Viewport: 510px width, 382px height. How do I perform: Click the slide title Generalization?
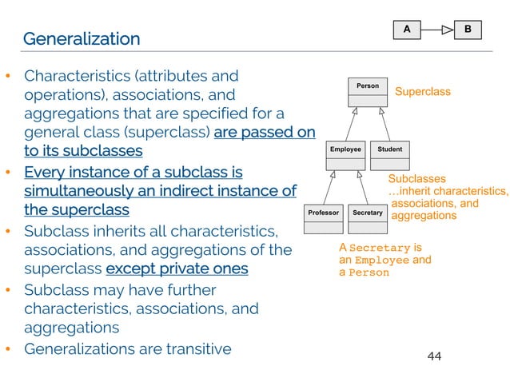tap(81, 38)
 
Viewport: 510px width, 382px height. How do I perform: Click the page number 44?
tap(434, 356)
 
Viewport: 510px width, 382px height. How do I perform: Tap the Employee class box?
tap(345, 156)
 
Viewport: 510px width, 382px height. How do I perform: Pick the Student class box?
tap(389, 156)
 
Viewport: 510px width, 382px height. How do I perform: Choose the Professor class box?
tap(325, 220)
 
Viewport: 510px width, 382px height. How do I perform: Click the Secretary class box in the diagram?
tap(368, 220)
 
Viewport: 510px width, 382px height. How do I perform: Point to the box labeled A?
tap(406, 30)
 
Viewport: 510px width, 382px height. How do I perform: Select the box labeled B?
tap(468, 30)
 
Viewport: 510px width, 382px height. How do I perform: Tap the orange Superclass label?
tap(423, 92)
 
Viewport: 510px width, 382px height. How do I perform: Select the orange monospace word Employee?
tap(381, 260)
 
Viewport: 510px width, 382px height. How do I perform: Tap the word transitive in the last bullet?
tap(197, 348)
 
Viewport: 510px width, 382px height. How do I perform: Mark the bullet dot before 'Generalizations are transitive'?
tap(8, 349)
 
